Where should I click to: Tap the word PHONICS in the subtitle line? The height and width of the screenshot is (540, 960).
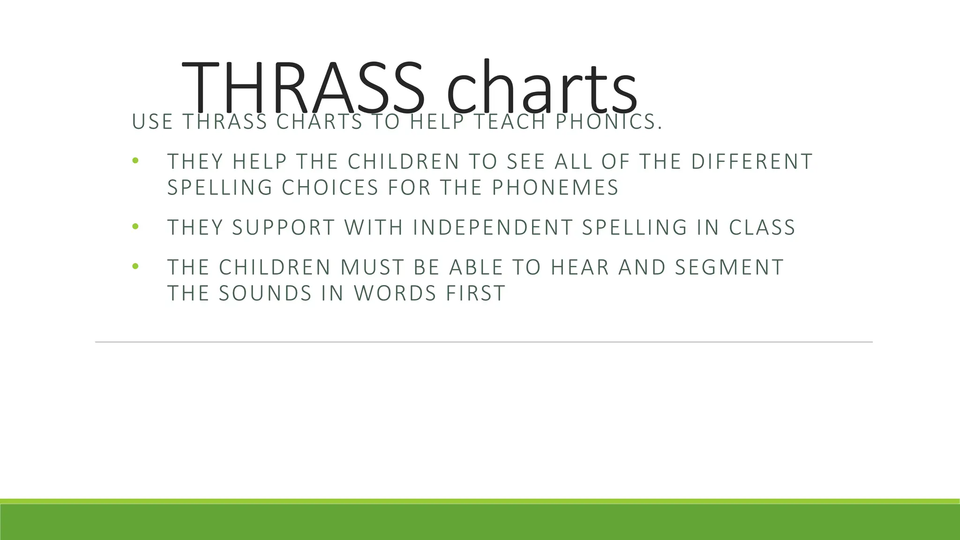pyautogui.click(x=609, y=122)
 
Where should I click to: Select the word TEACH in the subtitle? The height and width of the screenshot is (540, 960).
pyautogui.click(x=510, y=122)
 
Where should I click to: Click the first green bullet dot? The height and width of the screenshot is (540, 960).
pyautogui.click(x=135, y=161)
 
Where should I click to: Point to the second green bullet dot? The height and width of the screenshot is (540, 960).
pyautogui.click(x=135, y=227)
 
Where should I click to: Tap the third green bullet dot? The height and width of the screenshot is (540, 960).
pyautogui.click(x=135, y=267)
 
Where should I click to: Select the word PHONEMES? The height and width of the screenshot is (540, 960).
pyautogui.click(x=555, y=187)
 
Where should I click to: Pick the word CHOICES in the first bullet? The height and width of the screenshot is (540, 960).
pyautogui.click(x=330, y=187)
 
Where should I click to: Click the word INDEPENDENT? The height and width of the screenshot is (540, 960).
pyautogui.click(x=493, y=227)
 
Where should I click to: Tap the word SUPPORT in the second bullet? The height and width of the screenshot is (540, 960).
pyautogui.click(x=284, y=227)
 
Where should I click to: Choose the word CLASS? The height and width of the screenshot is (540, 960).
pyautogui.click(x=762, y=227)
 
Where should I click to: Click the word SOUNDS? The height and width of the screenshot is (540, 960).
pyautogui.click(x=265, y=293)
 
